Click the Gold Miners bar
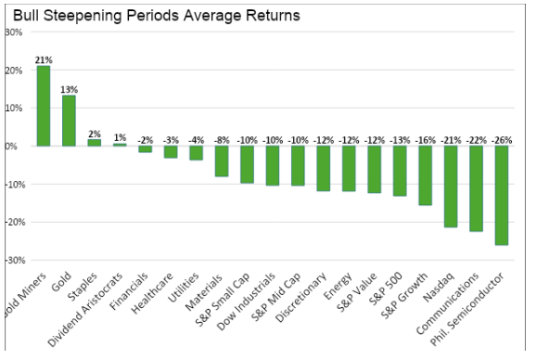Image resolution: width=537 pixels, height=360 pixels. tap(44, 106)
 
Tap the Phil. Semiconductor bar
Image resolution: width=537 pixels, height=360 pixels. tap(501, 195)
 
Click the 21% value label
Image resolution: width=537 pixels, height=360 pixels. tap(43, 59)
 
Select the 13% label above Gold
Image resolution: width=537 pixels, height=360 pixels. tap(69, 89)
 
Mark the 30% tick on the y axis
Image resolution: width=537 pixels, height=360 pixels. tap(14, 32)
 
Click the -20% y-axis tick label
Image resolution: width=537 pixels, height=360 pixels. tap(12, 223)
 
